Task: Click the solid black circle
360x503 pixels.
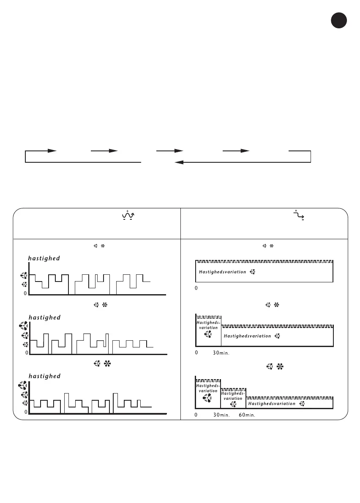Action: [338, 21]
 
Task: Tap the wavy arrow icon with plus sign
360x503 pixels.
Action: [126, 215]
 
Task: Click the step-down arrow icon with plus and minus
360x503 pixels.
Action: [301, 215]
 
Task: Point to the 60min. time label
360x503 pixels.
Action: [247, 415]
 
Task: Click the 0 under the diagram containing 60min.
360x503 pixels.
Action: [196, 415]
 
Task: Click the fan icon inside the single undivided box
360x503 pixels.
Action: [253, 272]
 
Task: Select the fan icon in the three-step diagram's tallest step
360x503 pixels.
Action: [207, 398]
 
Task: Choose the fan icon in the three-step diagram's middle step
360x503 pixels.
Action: [233, 405]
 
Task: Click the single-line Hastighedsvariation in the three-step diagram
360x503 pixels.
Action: [272, 404]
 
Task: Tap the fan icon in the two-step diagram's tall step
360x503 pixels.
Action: [207, 335]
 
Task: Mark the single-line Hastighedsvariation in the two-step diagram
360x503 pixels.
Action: [247, 336]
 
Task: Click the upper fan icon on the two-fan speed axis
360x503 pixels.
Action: [25, 275]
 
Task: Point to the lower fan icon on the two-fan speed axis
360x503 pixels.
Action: [25, 284]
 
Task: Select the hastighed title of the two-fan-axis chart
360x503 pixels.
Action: [44, 258]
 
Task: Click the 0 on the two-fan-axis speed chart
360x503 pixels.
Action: [25, 293]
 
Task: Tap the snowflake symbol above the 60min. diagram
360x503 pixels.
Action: [279, 364]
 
